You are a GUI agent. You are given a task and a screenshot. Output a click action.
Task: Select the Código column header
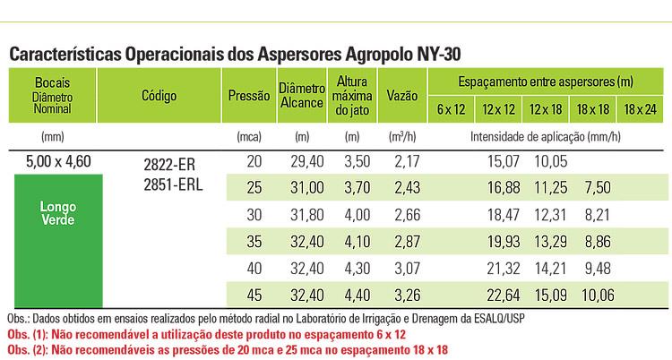[159, 94]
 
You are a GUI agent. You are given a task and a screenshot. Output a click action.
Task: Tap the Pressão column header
[247, 94]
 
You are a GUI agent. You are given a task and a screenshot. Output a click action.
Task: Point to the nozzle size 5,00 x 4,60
[54, 161]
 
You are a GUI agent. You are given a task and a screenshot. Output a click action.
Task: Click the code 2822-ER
[168, 165]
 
